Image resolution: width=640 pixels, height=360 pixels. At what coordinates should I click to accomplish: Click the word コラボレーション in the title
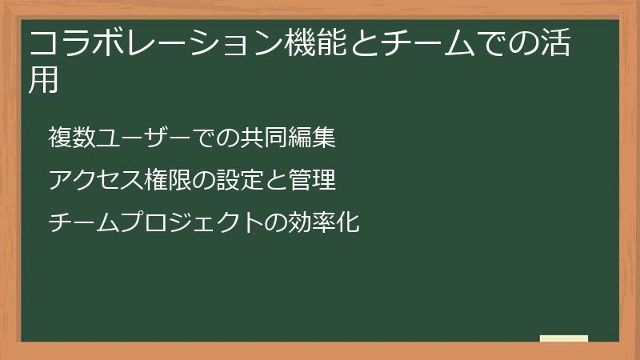pos(155,42)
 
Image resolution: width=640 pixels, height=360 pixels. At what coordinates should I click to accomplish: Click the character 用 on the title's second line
pos(45,80)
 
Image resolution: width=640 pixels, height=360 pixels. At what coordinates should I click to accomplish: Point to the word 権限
pos(167,180)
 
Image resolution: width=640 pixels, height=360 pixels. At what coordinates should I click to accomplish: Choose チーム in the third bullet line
pos(83,222)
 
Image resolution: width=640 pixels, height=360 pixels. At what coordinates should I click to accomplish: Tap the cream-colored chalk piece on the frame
pos(564,338)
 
